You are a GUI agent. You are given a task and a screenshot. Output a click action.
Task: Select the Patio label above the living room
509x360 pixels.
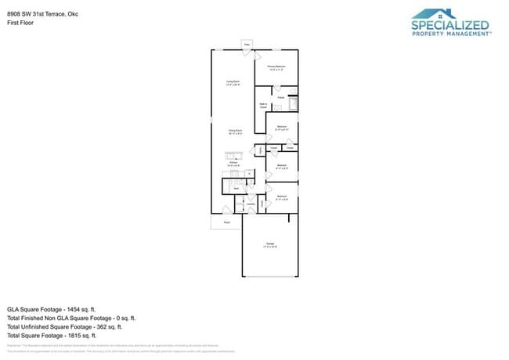(247, 45)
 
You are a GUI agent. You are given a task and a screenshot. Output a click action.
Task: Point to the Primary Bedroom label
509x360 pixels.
(276, 68)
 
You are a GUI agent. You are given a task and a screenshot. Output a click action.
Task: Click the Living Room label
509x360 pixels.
(233, 82)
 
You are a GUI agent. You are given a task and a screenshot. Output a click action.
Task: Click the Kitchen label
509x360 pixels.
(233, 165)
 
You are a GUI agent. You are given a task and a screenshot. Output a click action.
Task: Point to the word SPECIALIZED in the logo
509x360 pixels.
(450, 25)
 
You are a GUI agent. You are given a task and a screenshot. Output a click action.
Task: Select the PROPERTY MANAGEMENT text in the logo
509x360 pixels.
(451, 34)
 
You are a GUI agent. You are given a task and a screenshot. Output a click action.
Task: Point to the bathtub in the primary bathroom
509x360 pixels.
(293, 103)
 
